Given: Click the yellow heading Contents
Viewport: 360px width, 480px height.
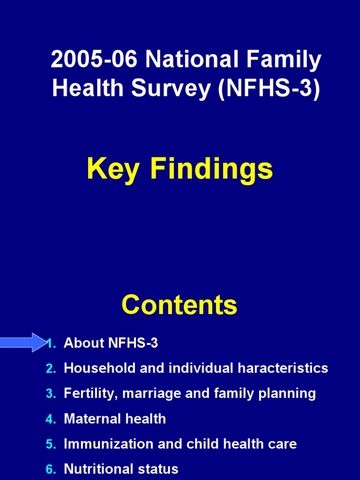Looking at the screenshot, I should [180, 305].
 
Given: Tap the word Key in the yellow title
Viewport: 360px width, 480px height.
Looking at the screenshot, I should [112, 169].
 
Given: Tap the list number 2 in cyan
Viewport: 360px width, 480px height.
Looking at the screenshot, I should [51, 368].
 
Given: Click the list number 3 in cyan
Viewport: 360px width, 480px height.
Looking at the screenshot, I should [51, 394].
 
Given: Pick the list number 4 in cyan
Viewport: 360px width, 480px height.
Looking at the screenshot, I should [51, 419].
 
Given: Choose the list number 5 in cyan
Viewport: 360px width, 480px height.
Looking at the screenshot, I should [51, 444].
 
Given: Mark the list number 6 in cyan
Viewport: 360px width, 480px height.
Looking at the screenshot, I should [51, 469].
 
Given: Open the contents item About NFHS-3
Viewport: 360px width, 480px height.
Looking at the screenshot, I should [111, 343].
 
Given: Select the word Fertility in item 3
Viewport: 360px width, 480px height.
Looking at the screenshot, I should [90, 393].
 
